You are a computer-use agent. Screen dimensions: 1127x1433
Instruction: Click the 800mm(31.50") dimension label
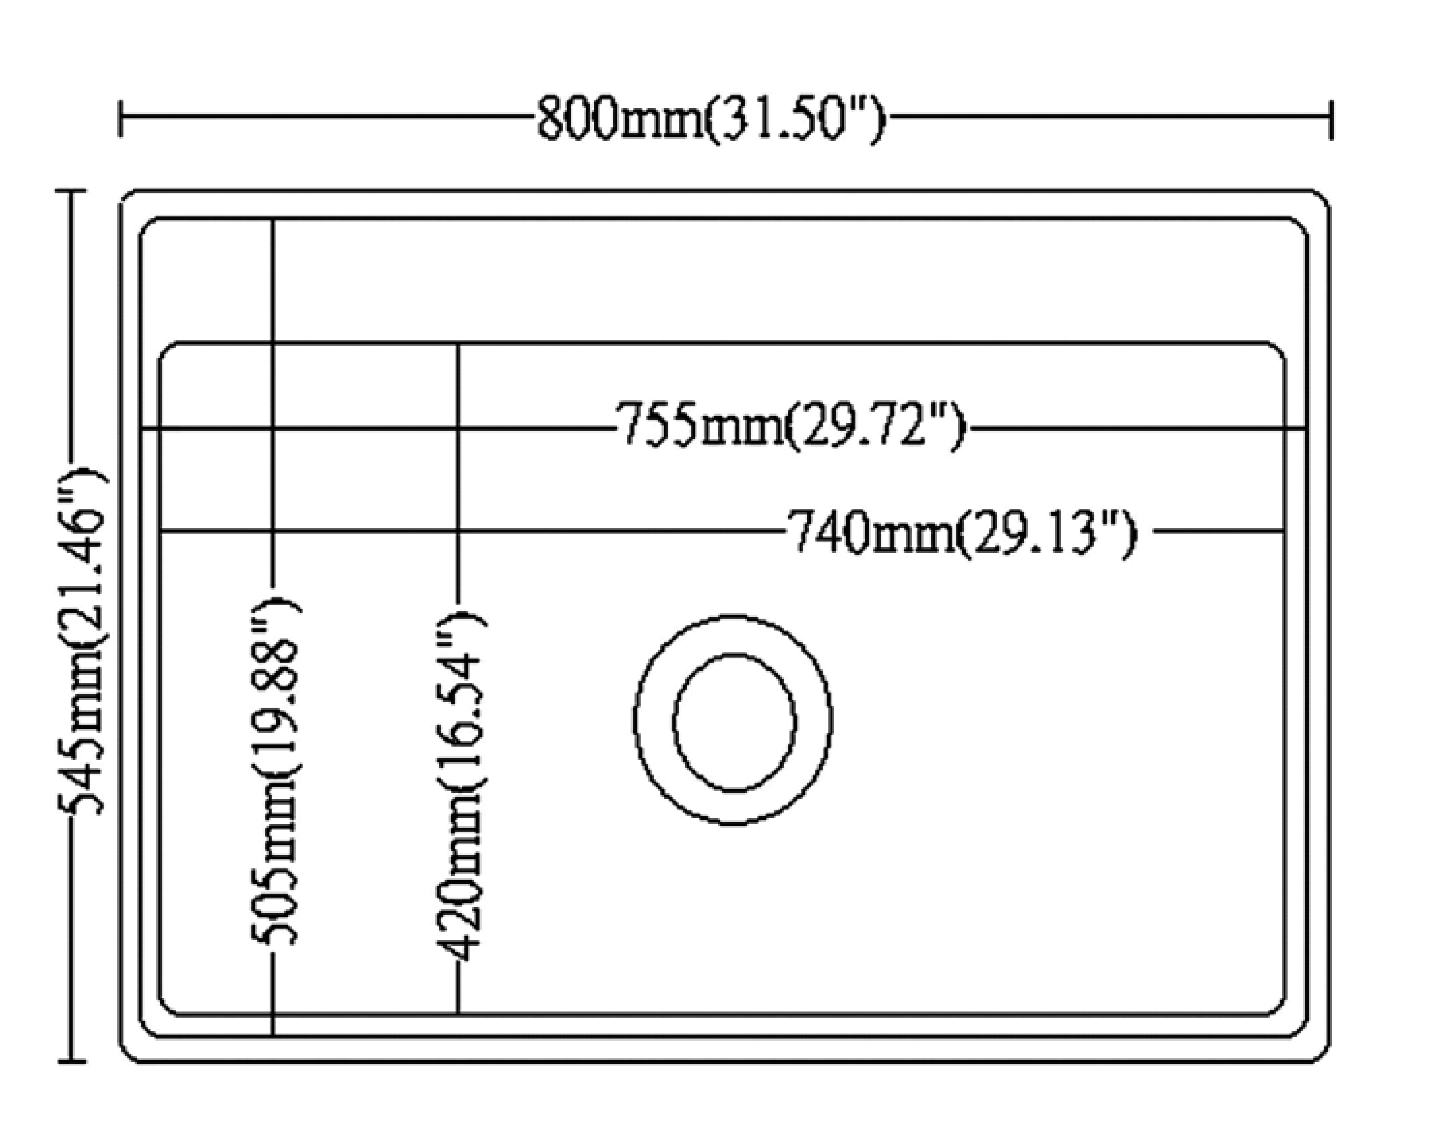tap(711, 119)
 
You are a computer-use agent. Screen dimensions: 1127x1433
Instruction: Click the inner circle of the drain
tap(734, 722)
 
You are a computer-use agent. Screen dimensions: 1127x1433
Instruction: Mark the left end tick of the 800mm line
tap(120, 119)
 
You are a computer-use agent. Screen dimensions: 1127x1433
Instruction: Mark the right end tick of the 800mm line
tap(1331, 119)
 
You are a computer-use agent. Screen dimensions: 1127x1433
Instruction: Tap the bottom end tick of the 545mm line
tap(72, 1062)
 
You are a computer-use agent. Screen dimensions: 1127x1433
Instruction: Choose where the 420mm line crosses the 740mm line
tap(458, 530)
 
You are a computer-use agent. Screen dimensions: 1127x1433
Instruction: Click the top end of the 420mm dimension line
tap(458, 344)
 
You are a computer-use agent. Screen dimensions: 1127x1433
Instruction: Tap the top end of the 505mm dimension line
tap(273, 220)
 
